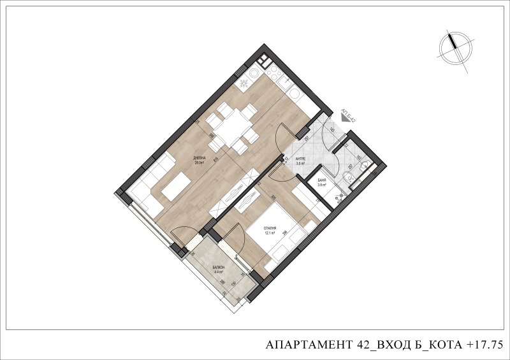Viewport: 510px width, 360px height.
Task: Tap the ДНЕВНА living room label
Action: point(199,158)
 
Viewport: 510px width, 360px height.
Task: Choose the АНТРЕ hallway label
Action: point(301,159)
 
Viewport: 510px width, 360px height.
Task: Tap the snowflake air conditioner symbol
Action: point(245,85)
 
